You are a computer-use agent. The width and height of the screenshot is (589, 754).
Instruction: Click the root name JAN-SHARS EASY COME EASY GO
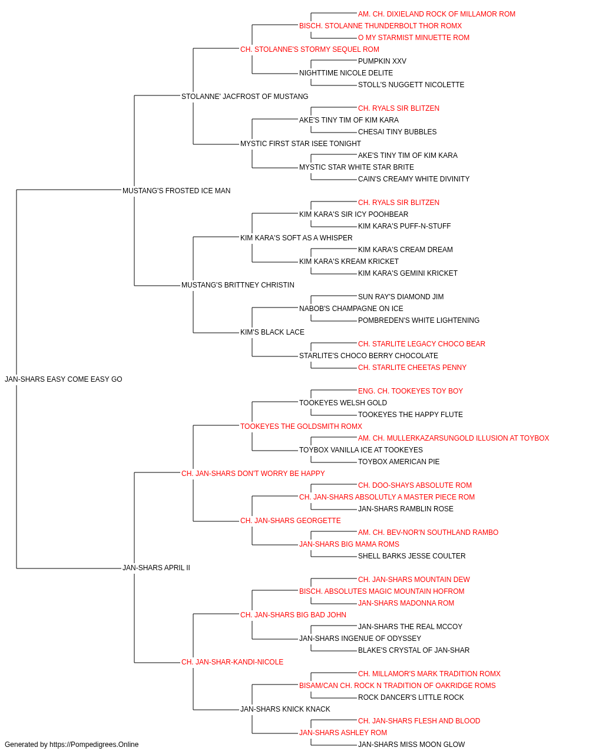click(x=64, y=379)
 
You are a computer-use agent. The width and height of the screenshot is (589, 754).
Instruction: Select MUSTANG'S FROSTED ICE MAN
click(x=176, y=191)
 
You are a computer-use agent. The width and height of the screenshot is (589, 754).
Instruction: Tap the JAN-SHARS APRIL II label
click(x=156, y=568)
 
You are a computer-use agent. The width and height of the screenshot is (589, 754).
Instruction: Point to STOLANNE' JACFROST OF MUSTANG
click(x=244, y=97)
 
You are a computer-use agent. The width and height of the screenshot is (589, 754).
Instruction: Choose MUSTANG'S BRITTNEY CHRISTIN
click(x=237, y=285)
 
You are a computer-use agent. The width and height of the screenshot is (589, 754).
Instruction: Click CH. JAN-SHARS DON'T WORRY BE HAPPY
click(x=253, y=474)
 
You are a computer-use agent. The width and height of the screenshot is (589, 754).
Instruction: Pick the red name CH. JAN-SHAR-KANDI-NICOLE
click(x=232, y=662)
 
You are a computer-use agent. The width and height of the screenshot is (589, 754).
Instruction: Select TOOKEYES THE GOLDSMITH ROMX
click(x=301, y=426)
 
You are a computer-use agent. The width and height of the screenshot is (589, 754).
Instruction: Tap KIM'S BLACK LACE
click(x=272, y=332)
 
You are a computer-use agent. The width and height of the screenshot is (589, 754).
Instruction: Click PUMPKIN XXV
click(x=382, y=61)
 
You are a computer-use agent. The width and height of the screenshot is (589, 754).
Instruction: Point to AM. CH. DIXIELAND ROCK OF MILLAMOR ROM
click(x=436, y=14)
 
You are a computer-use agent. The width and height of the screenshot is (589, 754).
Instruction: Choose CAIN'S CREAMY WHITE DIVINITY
click(x=413, y=179)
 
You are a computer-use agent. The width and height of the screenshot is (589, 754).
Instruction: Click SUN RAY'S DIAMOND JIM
click(x=401, y=297)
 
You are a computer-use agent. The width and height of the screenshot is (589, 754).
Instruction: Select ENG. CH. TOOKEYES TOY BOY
click(x=411, y=391)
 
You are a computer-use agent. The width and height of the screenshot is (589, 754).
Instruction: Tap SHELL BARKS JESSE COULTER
click(x=412, y=556)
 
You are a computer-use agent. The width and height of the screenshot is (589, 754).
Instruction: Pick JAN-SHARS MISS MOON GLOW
click(x=411, y=745)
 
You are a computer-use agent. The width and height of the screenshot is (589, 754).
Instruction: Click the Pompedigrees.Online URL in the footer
click(x=94, y=745)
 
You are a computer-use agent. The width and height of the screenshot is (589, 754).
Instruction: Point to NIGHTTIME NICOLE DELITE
click(x=346, y=73)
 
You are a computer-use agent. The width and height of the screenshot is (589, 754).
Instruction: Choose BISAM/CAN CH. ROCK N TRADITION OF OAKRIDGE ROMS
click(x=397, y=686)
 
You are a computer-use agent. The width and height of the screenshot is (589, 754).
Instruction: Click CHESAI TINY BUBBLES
click(x=397, y=132)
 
